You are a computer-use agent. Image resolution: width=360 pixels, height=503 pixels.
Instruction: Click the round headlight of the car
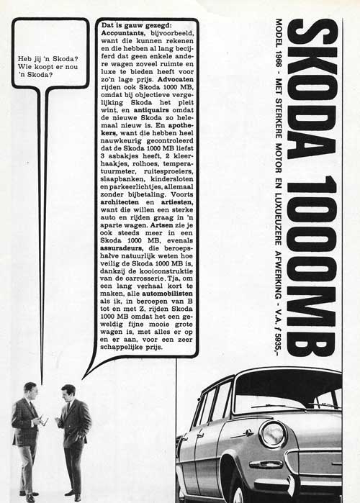273,435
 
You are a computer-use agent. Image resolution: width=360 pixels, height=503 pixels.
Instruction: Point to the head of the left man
30,389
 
